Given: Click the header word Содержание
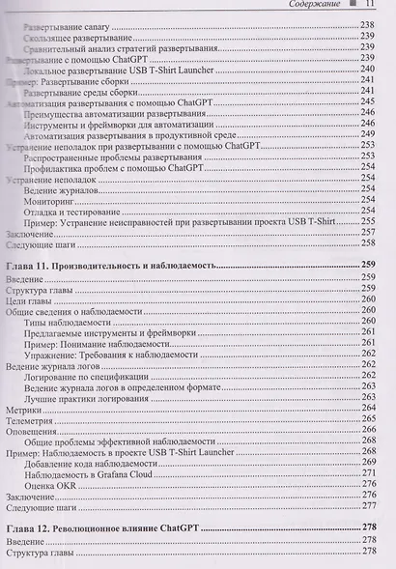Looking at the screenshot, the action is coord(319,5).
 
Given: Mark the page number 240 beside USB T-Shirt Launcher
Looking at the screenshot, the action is coord(367,70).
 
